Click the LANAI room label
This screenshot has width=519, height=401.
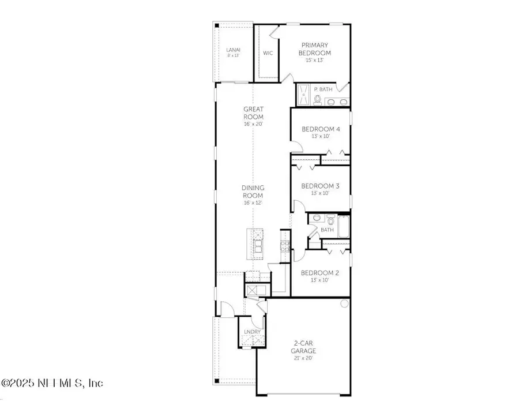233,50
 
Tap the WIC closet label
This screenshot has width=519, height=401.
268,53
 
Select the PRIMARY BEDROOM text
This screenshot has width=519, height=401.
316,49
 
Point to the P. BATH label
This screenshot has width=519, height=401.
324,89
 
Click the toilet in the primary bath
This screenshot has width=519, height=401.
317,99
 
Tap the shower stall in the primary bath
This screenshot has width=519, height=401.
303,95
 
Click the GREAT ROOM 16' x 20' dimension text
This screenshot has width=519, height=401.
253,123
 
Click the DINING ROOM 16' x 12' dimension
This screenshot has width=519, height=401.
253,203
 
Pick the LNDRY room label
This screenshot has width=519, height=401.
252,332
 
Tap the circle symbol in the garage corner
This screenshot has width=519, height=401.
345,303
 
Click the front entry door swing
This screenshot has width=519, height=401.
226,310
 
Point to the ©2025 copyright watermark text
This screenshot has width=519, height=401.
52,383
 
